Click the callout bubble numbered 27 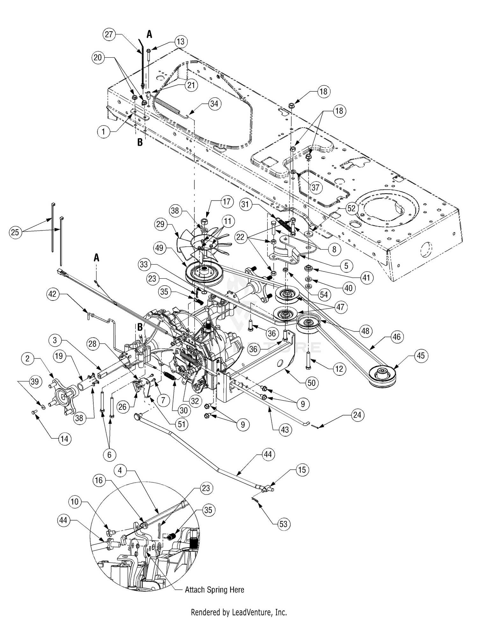(x=109, y=34)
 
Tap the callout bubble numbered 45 (x=421, y=355)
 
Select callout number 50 (x=311, y=382)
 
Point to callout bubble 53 (x=283, y=524)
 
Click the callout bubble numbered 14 (x=64, y=439)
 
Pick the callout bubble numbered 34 (x=214, y=104)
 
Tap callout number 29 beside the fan (x=160, y=224)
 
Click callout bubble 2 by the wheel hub (x=27, y=359)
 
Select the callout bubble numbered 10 (x=75, y=502)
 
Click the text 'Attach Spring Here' (x=214, y=590)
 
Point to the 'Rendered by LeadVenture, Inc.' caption (x=239, y=612)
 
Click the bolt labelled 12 (x=308, y=360)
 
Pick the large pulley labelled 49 (x=205, y=272)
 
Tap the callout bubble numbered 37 (x=315, y=187)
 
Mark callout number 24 (x=357, y=415)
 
